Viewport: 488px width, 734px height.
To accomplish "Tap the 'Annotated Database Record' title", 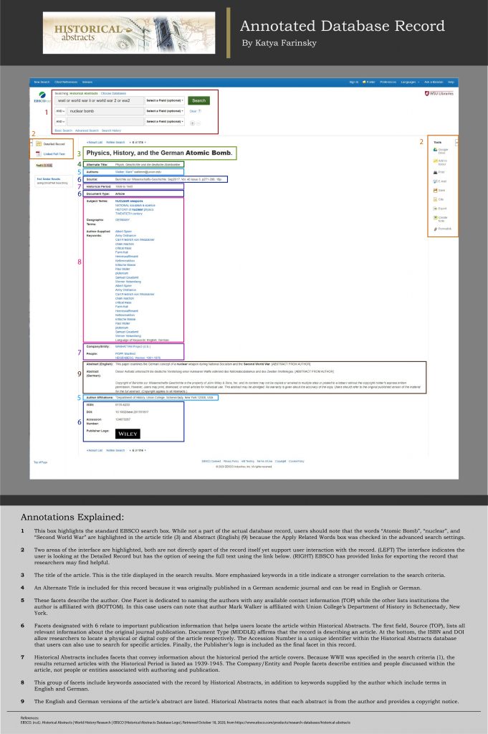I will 342,27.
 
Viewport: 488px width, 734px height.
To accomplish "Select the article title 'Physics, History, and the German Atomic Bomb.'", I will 158,153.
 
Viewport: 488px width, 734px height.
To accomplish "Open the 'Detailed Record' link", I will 54,144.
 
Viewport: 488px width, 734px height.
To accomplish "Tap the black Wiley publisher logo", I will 128,434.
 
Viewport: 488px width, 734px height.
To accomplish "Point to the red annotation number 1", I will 47,112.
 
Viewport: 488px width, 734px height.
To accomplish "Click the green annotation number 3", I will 79,153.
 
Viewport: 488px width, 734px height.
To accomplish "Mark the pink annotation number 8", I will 79,262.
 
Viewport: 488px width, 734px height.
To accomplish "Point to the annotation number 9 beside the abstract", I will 79,373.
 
